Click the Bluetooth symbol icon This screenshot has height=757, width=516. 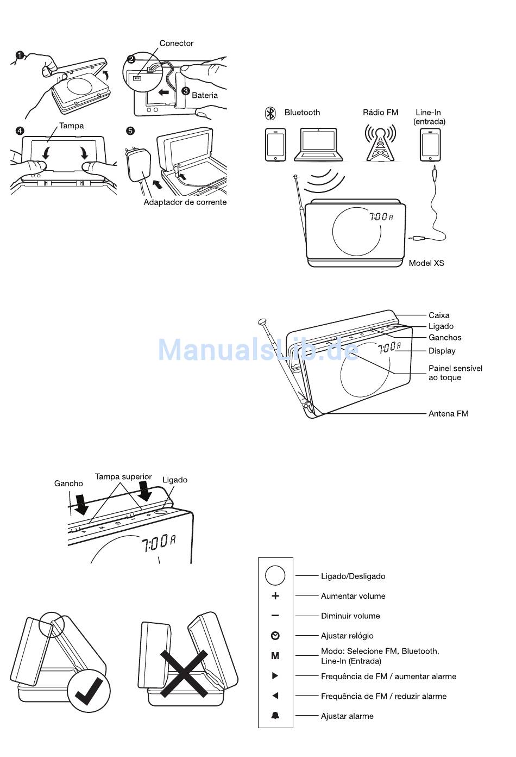click(x=270, y=113)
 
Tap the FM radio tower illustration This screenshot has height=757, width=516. click(x=380, y=143)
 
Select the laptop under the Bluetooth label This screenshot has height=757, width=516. click(x=318, y=145)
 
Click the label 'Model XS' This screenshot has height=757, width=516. click(x=426, y=263)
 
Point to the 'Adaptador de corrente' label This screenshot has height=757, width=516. click(x=185, y=202)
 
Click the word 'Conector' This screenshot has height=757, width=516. click(x=176, y=44)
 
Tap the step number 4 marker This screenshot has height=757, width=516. click(x=20, y=131)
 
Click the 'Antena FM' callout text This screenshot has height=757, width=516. click(x=448, y=414)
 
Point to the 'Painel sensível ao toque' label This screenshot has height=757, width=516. click(x=455, y=373)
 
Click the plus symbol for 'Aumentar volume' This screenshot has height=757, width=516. click(x=275, y=596)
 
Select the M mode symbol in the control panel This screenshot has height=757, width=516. click(x=275, y=656)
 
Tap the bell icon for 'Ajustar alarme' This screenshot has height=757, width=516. click(x=275, y=716)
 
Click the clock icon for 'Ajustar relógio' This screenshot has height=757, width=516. click(x=275, y=636)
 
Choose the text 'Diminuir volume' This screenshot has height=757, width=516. click(x=350, y=616)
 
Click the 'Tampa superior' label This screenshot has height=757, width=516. click(x=123, y=477)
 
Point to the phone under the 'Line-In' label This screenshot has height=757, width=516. click(x=430, y=145)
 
